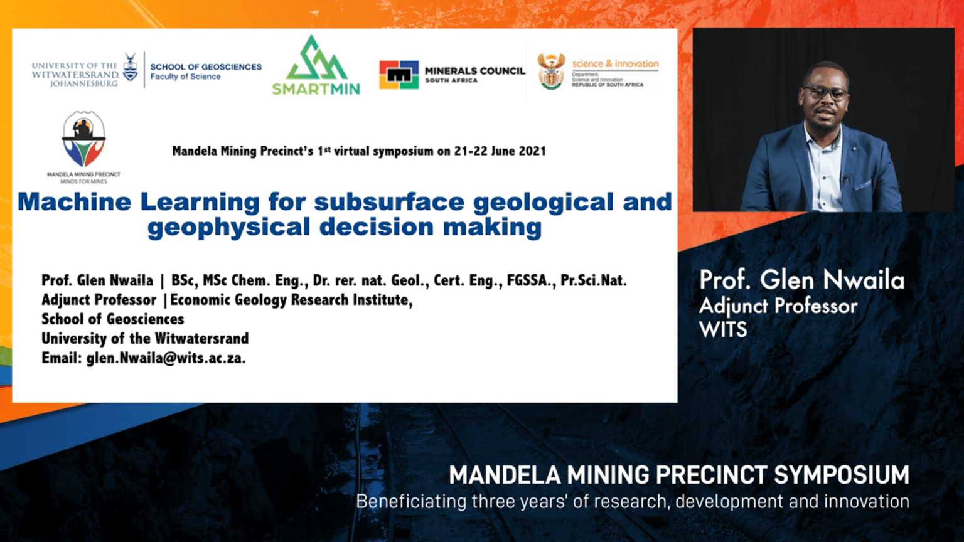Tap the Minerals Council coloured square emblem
(x=399, y=75)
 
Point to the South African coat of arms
(x=551, y=72)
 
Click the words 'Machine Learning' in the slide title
(x=138, y=202)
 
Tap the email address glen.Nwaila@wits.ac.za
(x=166, y=358)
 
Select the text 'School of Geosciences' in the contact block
(x=113, y=319)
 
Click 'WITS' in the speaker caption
(x=722, y=330)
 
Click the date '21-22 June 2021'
(x=500, y=151)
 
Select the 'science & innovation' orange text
(x=616, y=63)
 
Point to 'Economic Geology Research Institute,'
(x=291, y=300)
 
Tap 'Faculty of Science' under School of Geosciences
(x=185, y=77)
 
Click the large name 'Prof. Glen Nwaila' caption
(x=801, y=280)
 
